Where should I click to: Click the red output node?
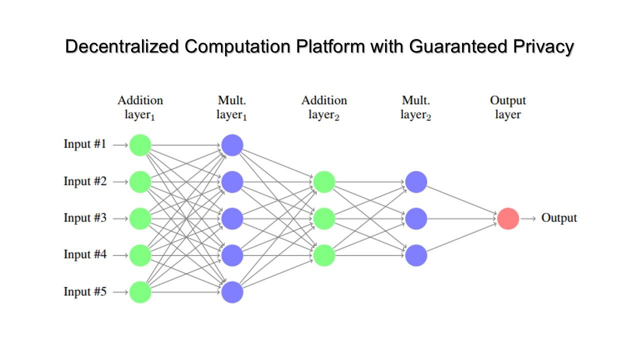pyautogui.click(x=508, y=218)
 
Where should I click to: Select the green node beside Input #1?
pyautogui.click(x=140, y=145)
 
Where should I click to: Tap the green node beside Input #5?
pyautogui.click(x=140, y=292)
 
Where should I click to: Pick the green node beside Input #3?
pyautogui.click(x=140, y=218)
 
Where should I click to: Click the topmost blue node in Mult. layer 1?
pyautogui.click(x=232, y=145)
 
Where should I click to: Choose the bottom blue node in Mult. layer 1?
pyautogui.click(x=232, y=292)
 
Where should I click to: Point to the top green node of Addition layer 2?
pyautogui.click(x=324, y=182)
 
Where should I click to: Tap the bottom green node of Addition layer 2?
pyautogui.click(x=324, y=255)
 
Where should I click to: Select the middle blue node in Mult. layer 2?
pyautogui.click(x=416, y=218)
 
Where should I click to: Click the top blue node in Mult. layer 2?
pyautogui.click(x=416, y=182)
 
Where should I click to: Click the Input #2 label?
pyautogui.click(x=85, y=181)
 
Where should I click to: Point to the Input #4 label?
pyautogui.click(x=85, y=254)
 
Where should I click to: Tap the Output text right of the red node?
pyautogui.click(x=559, y=218)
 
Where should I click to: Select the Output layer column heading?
pyautogui.click(x=508, y=107)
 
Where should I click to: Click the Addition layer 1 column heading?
pyautogui.click(x=140, y=107)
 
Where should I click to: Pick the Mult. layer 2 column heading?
pyautogui.click(x=416, y=107)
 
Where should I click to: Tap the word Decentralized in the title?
pyautogui.click(x=122, y=46)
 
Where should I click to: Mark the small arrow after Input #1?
pyautogui.click(x=120, y=145)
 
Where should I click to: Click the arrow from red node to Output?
pyautogui.click(x=528, y=219)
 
